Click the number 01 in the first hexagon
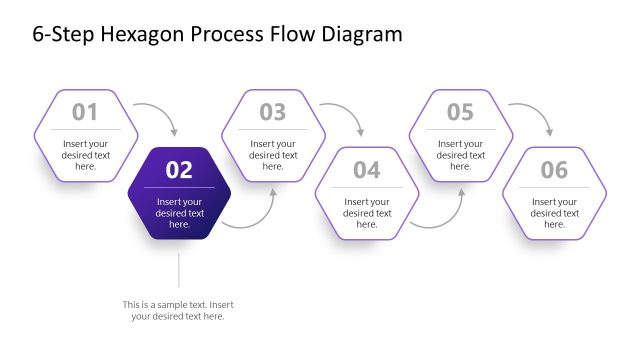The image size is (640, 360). pyautogui.click(x=85, y=112)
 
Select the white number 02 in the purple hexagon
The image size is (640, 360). pyautogui.click(x=179, y=170)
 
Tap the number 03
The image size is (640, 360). pyautogui.click(x=273, y=112)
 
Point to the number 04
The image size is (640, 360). pyautogui.click(x=367, y=170)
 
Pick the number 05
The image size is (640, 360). pyautogui.click(x=460, y=112)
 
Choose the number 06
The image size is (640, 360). pyautogui.click(x=554, y=170)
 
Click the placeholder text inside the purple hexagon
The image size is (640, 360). pyautogui.click(x=179, y=213)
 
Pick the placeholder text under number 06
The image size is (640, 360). pyautogui.click(x=554, y=213)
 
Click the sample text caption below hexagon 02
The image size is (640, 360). pyautogui.click(x=179, y=310)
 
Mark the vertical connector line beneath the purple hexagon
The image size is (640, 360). pyautogui.click(x=179, y=270)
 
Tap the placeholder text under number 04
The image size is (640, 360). pyautogui.click(x=367, y=213)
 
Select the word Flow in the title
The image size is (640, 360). pyautogui.click(x=291, y=35)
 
